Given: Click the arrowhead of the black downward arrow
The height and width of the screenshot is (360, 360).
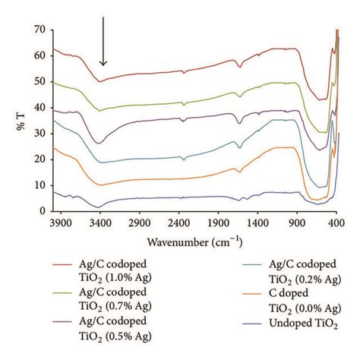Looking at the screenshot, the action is click(x=103, y=63).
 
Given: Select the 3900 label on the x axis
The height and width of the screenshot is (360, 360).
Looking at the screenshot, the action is click(x=60, y=223).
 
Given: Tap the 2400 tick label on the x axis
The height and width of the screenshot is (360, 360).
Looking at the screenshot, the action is click(x=178, y=223).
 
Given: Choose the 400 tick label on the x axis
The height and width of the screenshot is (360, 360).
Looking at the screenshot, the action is click(x=336, y=223).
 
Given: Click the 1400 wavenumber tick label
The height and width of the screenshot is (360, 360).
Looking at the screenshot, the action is click(x=257, y=223).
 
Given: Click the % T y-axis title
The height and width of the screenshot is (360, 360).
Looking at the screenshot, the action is click(x=21, y=122).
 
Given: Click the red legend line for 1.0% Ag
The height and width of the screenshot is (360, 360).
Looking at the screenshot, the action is click(x=63, y=265).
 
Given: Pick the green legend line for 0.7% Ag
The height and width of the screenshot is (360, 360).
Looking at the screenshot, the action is click(x=63, y=293).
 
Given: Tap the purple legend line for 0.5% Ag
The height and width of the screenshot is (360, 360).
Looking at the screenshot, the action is click(x=63, y=321).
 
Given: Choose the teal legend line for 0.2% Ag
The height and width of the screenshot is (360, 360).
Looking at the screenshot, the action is click(x=252, y=265).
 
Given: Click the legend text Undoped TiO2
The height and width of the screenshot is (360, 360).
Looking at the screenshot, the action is click(x=304, y=324).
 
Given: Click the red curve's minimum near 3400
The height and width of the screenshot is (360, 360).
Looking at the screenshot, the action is click(x=99, y=81).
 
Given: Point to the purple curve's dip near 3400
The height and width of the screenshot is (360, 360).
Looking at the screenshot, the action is click(x=99, y=144).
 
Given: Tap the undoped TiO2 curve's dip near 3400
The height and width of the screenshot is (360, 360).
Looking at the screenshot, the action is click(x=99, y=207).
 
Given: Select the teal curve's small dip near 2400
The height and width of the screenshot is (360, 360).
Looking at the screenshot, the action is click(x=184, y=159).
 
